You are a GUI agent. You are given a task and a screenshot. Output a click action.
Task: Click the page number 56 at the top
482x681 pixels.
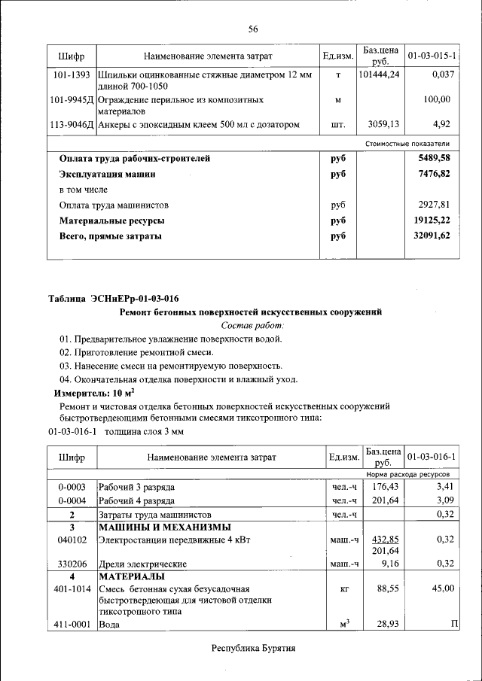[x=253, y=29]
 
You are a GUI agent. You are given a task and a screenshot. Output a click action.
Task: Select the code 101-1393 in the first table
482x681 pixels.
[x=72, y=75]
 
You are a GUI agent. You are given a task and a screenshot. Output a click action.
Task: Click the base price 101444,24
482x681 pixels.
[x=380, y=75]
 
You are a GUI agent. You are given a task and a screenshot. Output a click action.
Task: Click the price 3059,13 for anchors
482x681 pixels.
[x=383, y=124]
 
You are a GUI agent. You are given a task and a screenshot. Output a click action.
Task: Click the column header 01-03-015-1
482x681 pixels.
[x=432, y=56]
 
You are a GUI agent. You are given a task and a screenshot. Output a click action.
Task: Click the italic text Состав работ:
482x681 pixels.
[x=253, y=325]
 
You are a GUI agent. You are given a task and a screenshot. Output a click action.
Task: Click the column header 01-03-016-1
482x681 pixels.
[x=432, y=457]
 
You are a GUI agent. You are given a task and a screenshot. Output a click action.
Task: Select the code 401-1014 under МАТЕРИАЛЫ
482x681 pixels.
[x=72, y=588]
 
